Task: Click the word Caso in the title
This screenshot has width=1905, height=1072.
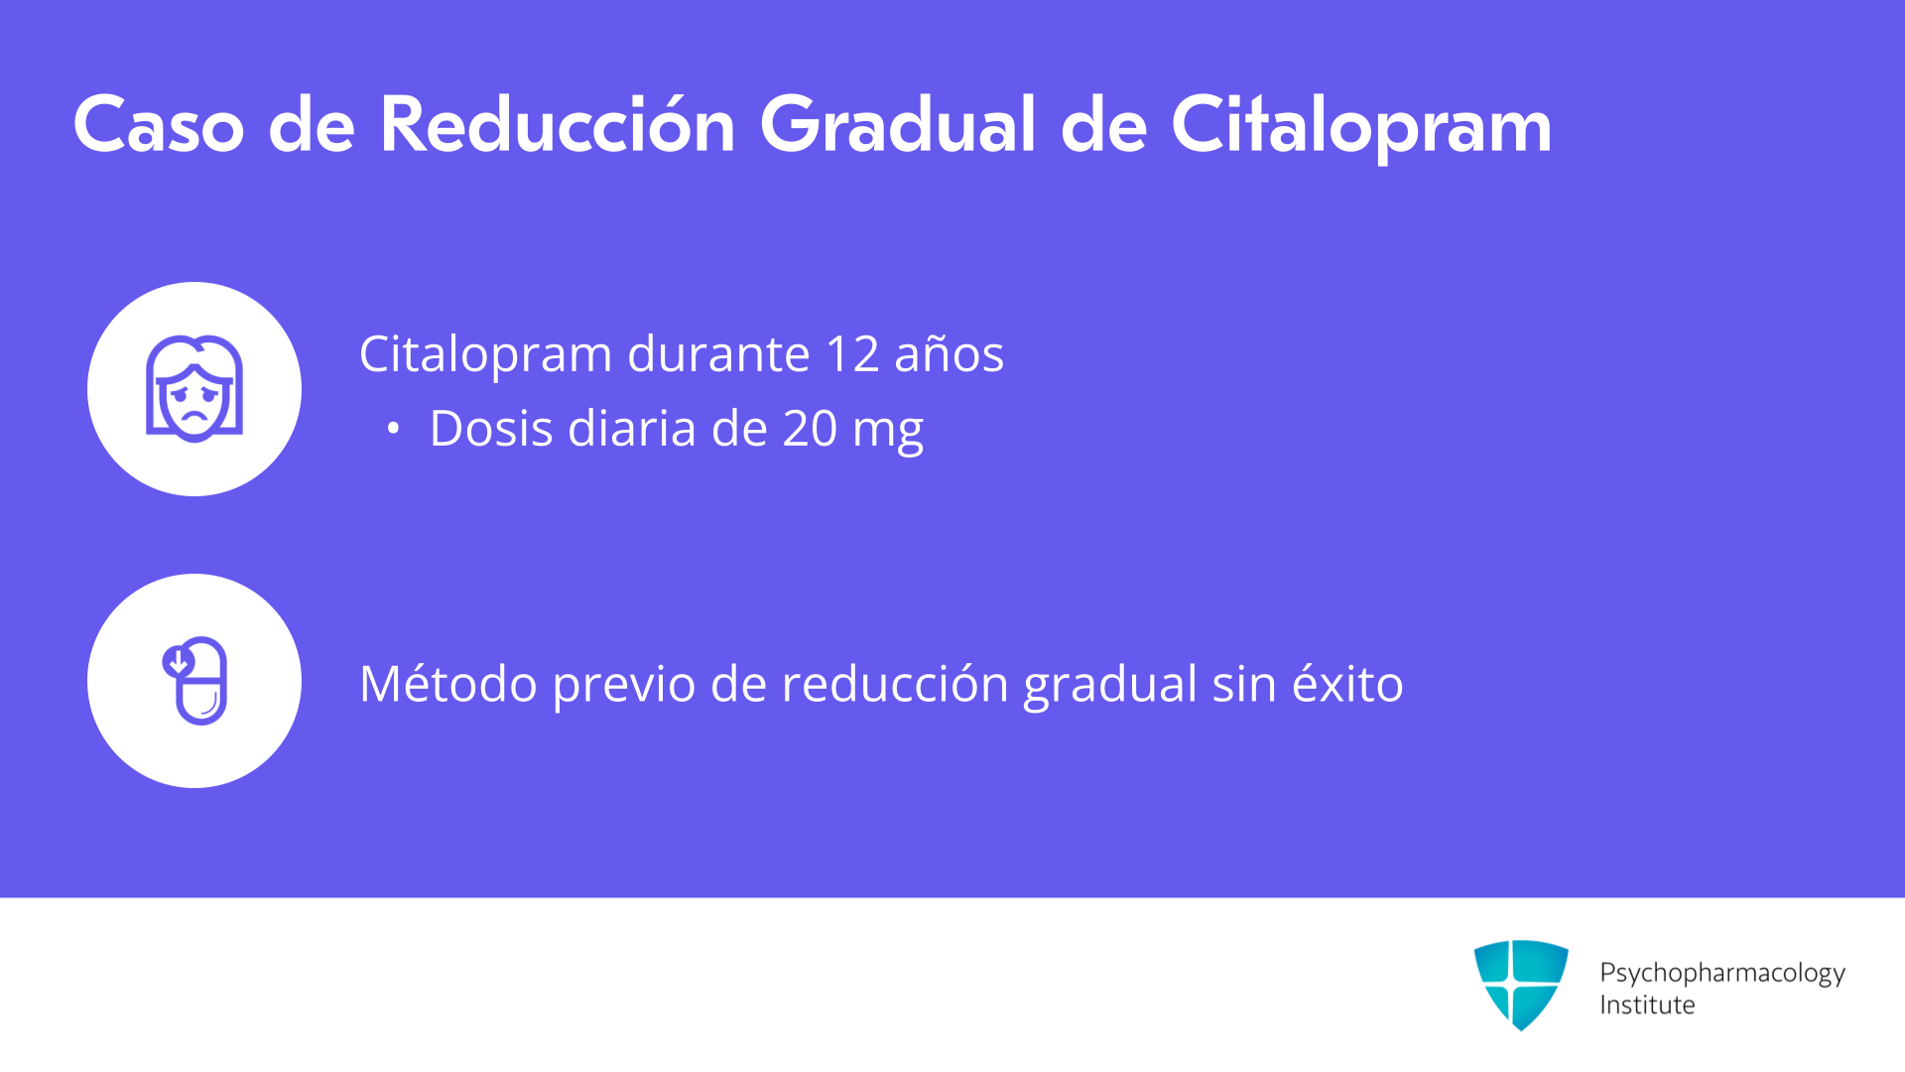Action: coord(159,125)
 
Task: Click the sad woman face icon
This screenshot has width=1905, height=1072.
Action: coord(194,388)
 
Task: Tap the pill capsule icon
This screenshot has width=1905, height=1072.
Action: coord(195,681)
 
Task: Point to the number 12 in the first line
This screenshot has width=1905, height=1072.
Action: coord(852,354)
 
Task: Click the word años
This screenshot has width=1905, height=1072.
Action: coord(949,354)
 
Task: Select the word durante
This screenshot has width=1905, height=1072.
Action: coord(719,353)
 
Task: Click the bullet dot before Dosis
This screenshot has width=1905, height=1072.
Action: coord(394,429)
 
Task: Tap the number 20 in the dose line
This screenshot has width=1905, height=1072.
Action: coord(810,429)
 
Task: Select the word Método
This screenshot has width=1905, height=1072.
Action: coord(448,683)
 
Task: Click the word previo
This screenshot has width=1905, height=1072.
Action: coord(624,687)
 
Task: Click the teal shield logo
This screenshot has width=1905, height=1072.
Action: coord(1521,985)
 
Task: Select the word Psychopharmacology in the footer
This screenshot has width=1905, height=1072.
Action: coord(1722,974)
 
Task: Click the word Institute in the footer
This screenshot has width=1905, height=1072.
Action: coord(1647,1005)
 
